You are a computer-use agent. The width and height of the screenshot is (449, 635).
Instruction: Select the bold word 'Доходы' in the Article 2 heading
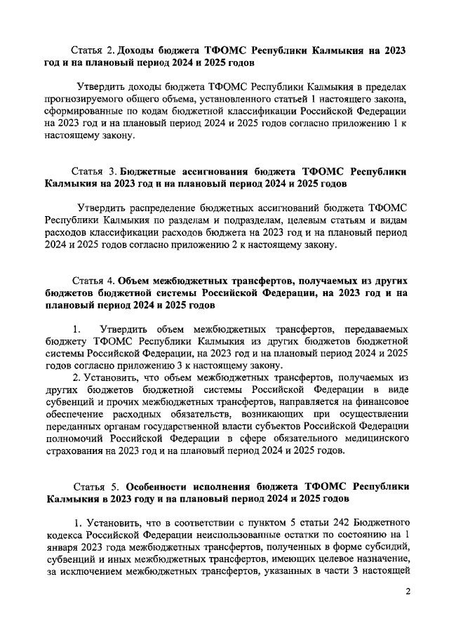click(x=139, y=51)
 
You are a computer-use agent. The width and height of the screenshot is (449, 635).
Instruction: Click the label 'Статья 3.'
click(x=94, y=171)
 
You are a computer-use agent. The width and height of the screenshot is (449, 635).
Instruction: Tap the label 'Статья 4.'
click(x=93, y=281)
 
